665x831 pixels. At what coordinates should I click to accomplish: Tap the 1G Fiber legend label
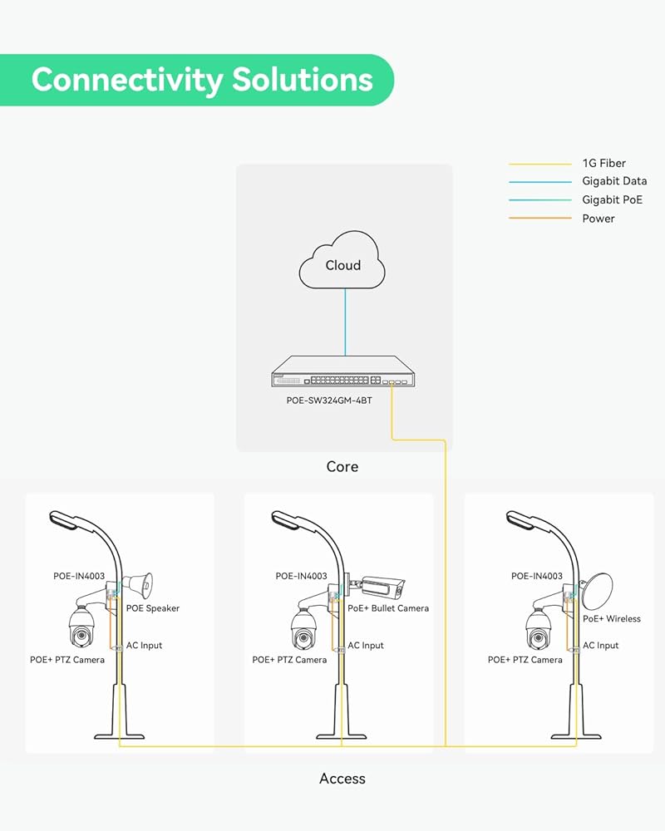(604, 163)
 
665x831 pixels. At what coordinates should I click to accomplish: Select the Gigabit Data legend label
(614, 181)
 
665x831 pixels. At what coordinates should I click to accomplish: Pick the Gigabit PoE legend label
(612, 199)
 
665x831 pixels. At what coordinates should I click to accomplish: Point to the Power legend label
(598, 219)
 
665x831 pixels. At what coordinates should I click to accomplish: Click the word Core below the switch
(342, 466)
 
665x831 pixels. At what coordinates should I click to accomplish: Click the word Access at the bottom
(342, 779)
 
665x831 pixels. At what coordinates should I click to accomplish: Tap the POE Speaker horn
(139, 585)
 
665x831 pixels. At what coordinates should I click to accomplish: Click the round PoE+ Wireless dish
(597, 591)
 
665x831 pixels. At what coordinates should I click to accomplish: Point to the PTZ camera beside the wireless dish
(539, 627)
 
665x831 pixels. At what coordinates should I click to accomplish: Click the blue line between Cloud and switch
(345, 322)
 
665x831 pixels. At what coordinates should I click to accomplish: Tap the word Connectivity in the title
(127, 80)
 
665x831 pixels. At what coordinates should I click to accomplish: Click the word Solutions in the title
(303, 80)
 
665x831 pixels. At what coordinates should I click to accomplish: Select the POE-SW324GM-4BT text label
(329, 401)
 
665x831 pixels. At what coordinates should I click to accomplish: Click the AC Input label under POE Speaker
(144, 646)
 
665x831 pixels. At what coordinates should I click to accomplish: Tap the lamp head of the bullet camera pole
(287, 520)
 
